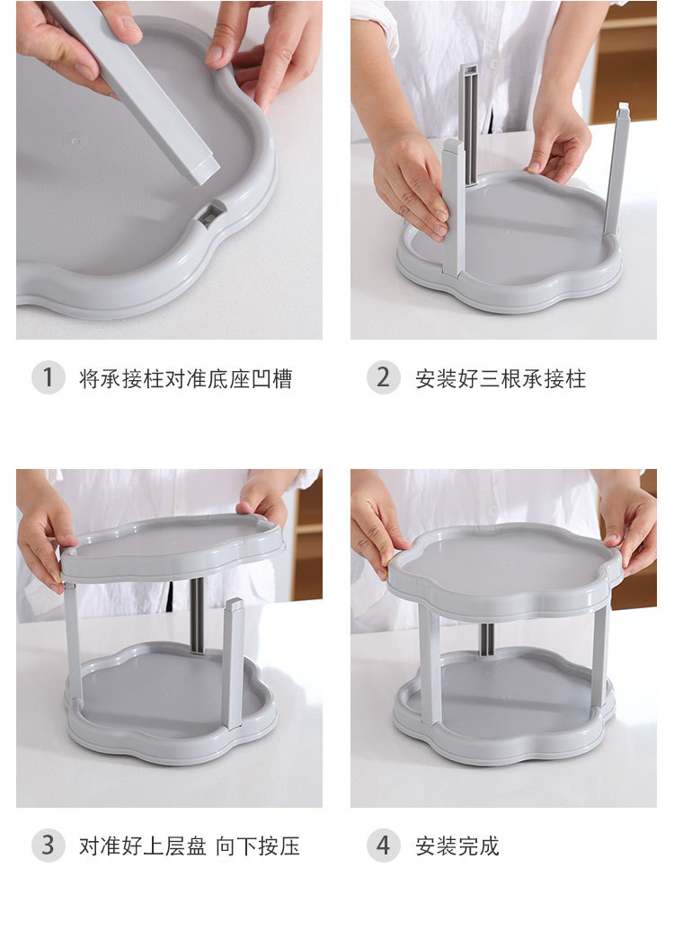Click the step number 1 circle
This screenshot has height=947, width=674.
tap(49, 377)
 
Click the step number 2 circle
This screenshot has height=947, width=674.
tap(383, 377)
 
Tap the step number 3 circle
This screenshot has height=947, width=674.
tap(49, 845)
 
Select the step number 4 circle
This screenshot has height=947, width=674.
tap(383, 845)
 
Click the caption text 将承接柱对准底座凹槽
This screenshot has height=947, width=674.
tap(185, 378)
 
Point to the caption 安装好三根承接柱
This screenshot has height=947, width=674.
tap(501, 378)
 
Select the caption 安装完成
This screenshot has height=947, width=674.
tap(457, 845)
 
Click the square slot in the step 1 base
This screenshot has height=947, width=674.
tap(211, 214)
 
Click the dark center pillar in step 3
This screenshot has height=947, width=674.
tap(197, 615)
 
